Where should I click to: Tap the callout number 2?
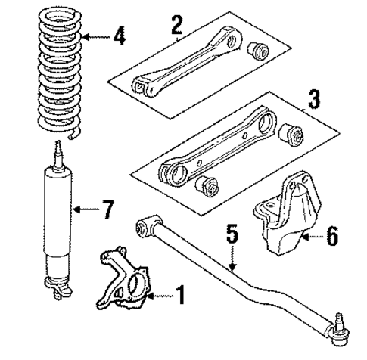click(176, 25)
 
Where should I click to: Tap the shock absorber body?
click(58, 219)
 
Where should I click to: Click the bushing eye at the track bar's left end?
click(146, 224)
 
